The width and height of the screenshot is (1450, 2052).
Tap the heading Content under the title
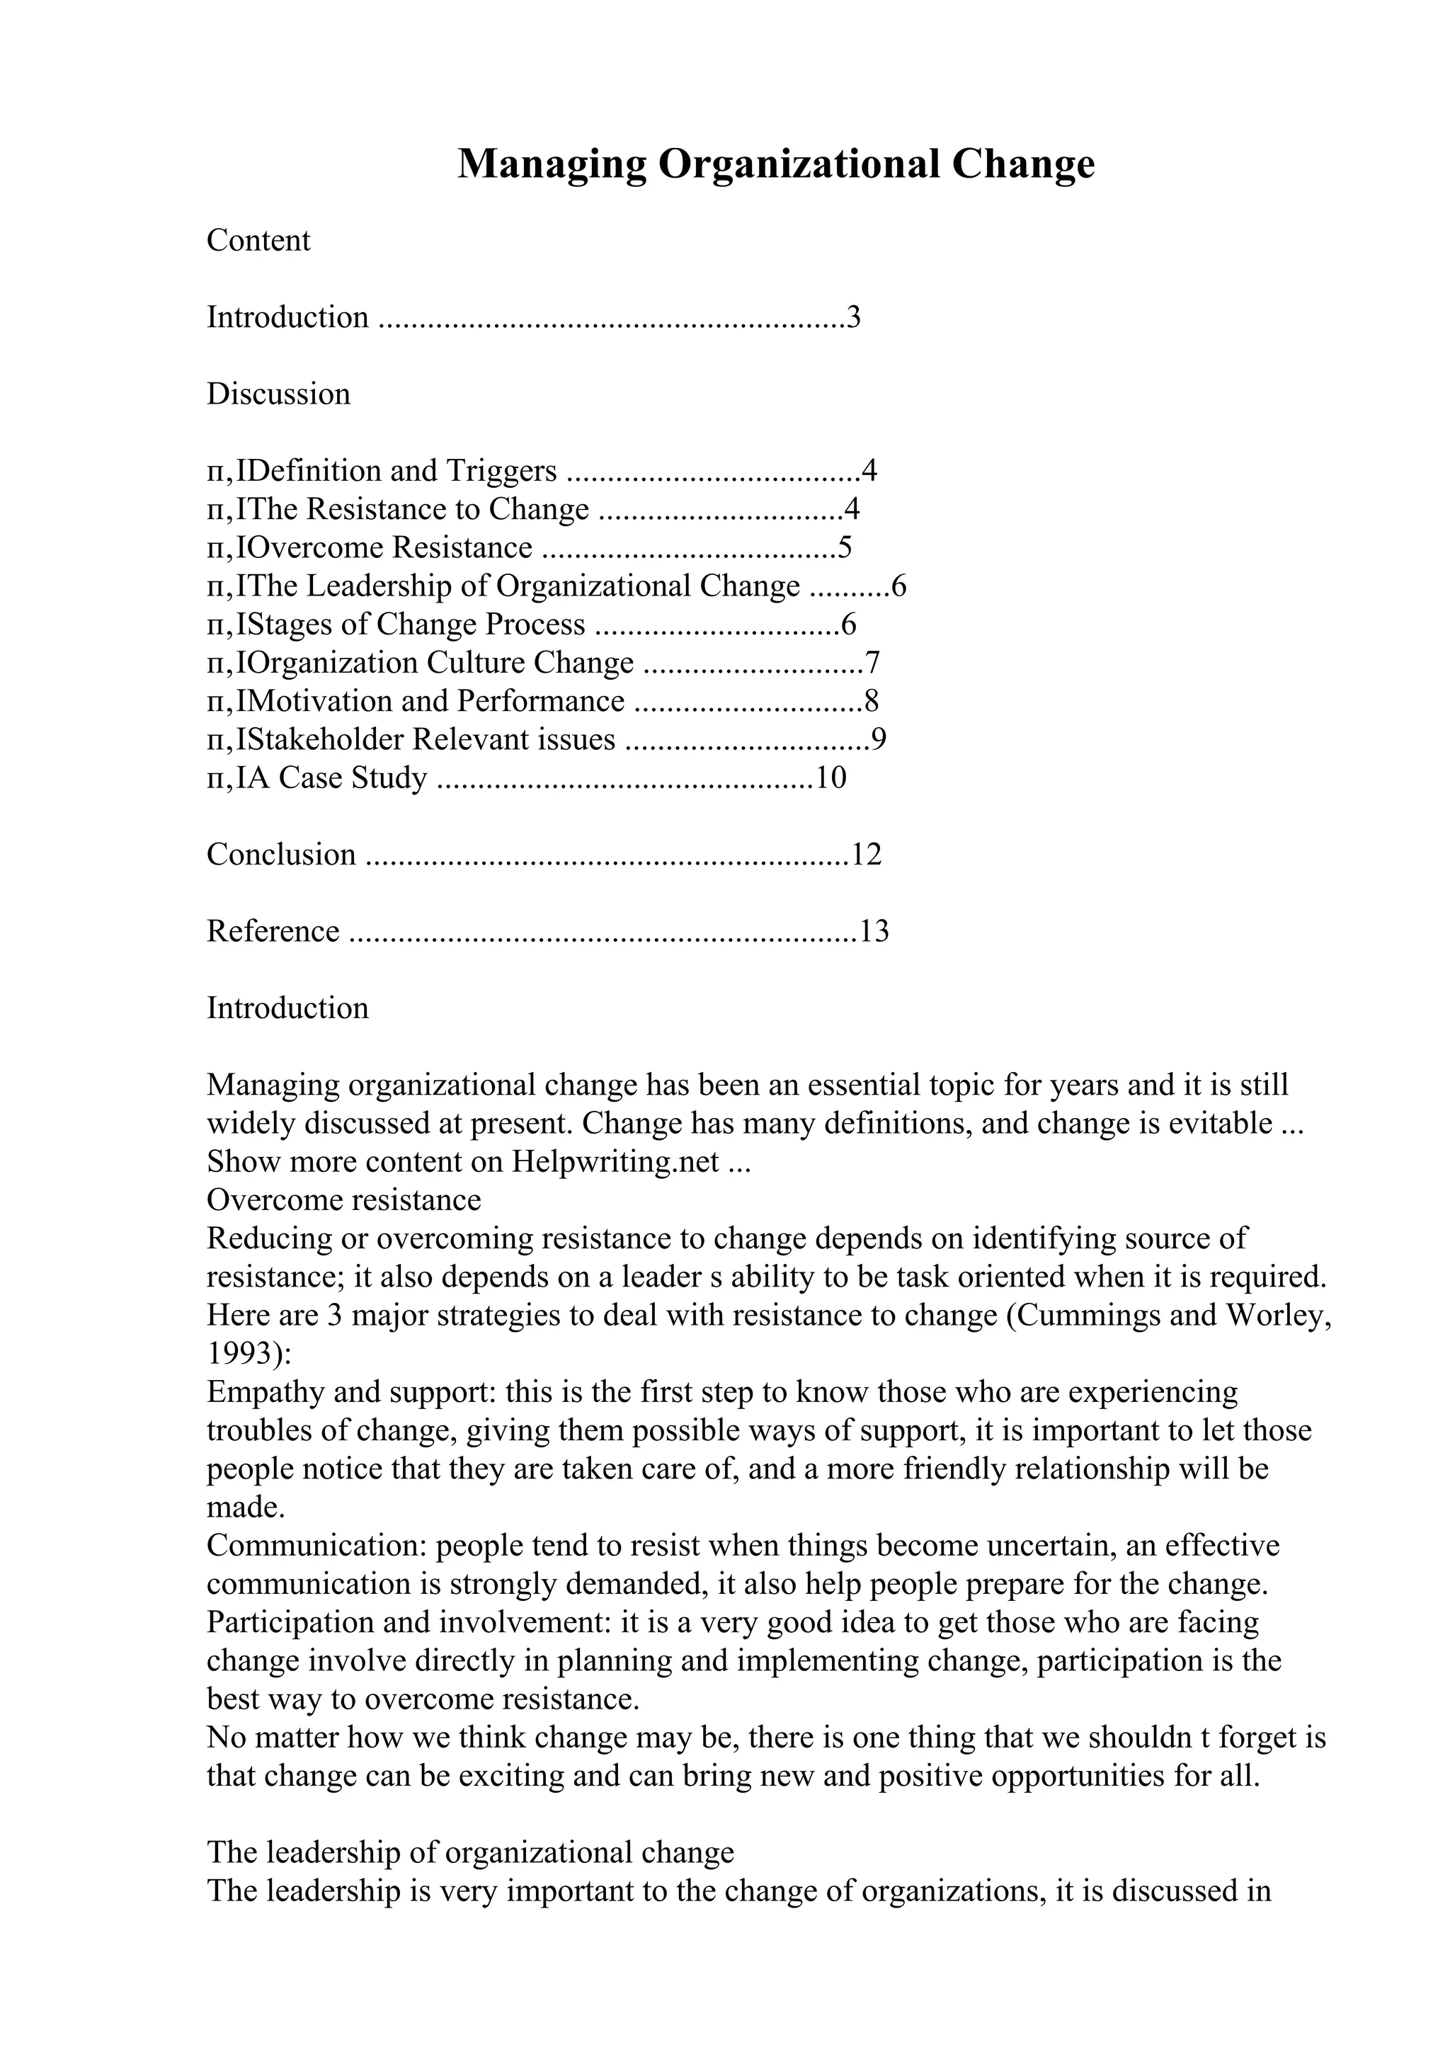click(x=258, y=241)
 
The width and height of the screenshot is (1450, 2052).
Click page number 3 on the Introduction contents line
click(x=853, y=317)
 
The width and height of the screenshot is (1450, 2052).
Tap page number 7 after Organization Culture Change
click(x=873, y=663)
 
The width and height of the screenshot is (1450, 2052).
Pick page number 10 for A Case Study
click(x=831, y=778)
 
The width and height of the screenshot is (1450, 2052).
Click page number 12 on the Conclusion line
click(x=867, y=855)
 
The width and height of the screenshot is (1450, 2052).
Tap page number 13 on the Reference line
click(x=874, y=931)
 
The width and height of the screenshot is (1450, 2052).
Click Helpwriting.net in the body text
click(x=615, y=1162)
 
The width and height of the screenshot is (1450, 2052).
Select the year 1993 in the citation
click(x=239, y=1354)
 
